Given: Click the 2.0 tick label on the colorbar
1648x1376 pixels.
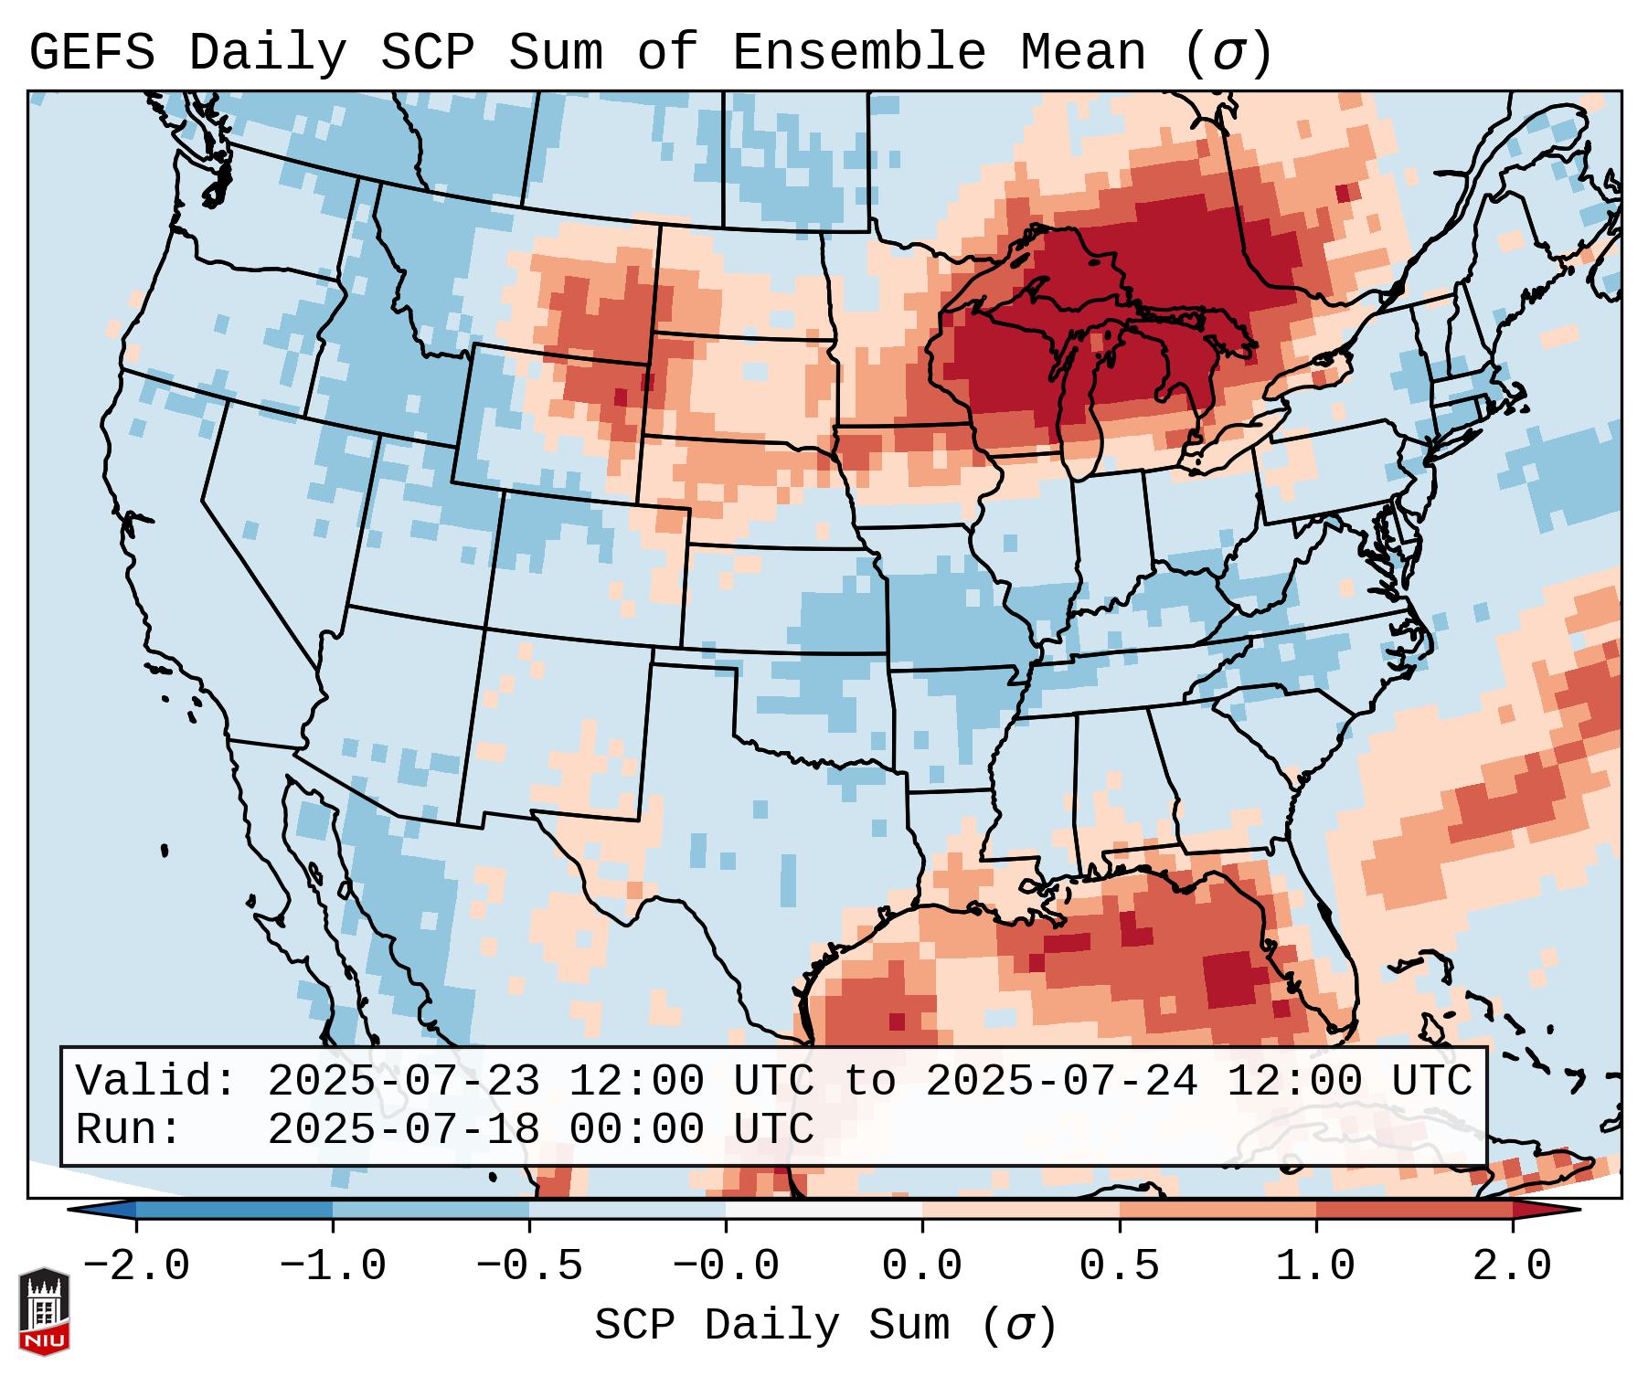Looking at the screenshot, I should (x=1512, y=1266).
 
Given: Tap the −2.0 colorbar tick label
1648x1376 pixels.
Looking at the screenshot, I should (x=136, y=1266).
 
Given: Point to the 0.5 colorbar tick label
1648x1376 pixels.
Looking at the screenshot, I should (x=1119, y=1266).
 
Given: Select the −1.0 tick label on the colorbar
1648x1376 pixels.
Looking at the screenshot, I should (x=333, y=1266).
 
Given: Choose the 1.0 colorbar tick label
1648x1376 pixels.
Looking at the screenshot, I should (x=1315, y=1266).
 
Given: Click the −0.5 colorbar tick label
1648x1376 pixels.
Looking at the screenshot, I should (x=529, y=1266).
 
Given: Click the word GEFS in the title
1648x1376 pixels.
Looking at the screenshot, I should (x=91, y=53).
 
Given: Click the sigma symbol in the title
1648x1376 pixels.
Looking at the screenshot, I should (x=1227, y=53).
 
